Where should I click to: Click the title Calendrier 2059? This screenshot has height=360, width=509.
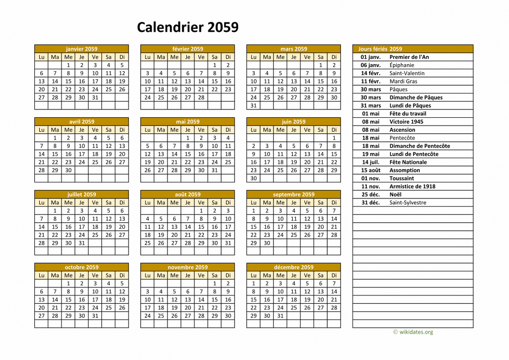coord(187,27)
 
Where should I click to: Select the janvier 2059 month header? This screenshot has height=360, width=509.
coord(82,49)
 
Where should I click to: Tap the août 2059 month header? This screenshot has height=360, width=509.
coord(187,194)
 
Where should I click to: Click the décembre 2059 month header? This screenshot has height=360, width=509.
coord(294,267)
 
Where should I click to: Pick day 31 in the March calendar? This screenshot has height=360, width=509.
coord(254,105)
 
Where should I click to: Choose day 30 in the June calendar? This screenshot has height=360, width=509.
coord(254,178)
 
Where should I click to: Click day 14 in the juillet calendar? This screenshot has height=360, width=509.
coord(41,227)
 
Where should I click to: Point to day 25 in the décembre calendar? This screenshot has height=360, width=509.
coord(294,307)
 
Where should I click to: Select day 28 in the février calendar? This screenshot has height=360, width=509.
coord(201,97)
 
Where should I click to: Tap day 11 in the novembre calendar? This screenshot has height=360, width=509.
coord(161,299)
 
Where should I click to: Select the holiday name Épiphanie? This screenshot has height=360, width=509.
coord(402,65)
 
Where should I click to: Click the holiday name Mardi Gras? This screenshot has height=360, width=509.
coord(403,81)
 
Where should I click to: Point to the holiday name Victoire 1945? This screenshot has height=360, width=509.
coord(406,122)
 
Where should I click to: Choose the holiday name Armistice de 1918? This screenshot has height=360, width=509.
coord(412,186)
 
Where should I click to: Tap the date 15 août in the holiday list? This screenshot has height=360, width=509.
coord(370,170)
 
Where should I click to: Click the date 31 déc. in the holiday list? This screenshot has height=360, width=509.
coord(371,202)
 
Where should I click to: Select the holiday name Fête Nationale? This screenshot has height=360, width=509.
coord(408,162)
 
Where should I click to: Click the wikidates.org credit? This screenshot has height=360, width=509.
coord(413,332)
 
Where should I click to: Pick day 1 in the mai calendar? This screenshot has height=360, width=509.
coord(187,138)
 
